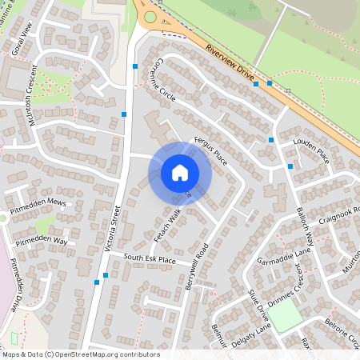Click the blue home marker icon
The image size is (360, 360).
179,172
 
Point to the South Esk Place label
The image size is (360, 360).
150,259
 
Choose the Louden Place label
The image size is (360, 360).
311,150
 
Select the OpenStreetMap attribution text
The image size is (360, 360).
80,354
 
